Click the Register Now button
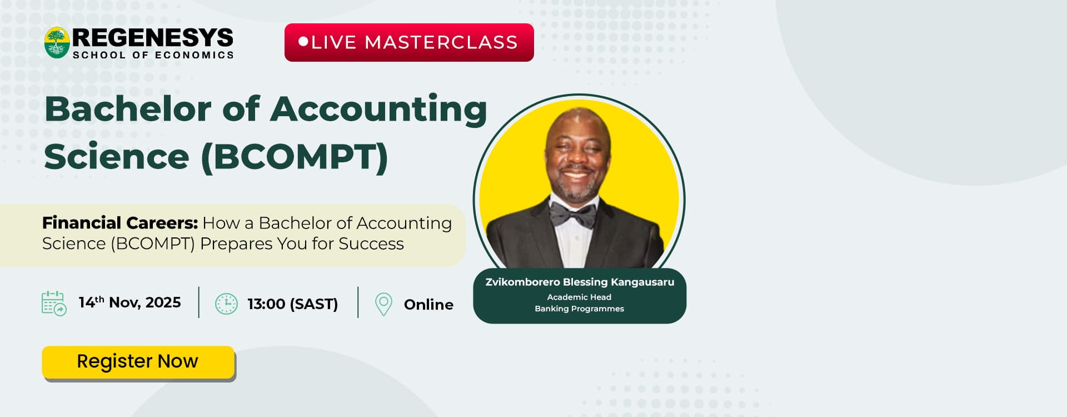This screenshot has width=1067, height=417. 138,362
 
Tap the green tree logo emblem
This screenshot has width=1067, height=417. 57,43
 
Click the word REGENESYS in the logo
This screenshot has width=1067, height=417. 153,38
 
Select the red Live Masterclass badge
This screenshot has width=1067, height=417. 409,42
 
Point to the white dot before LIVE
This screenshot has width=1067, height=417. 303,41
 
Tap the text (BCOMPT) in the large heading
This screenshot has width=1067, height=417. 295,157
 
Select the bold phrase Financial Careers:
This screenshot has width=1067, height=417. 120,222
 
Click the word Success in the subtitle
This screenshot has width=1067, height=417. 371,244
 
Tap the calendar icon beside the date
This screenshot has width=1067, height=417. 54,304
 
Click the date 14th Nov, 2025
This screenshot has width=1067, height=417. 129,302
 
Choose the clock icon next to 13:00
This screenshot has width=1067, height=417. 226,304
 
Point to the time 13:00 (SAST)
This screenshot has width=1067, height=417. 293,304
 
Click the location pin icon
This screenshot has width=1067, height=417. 383,304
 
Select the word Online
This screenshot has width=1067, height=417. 428,305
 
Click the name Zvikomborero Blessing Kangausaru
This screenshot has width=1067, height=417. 580,282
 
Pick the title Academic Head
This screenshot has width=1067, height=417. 579,297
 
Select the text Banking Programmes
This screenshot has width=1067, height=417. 579,309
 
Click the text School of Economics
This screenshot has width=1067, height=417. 153,55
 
